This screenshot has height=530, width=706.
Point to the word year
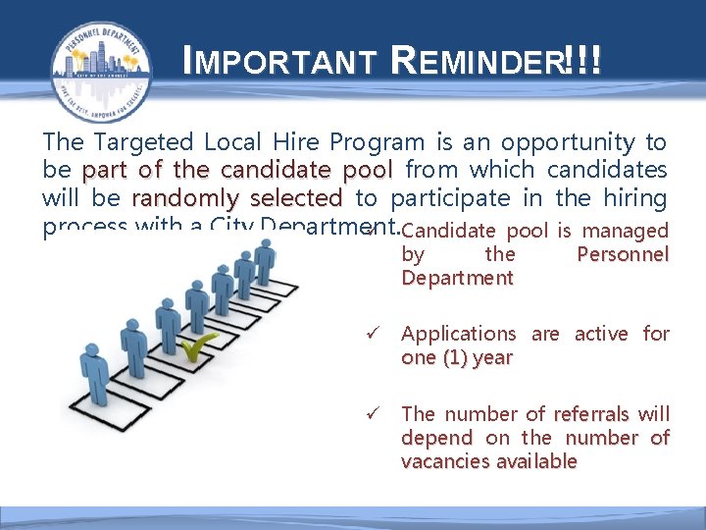(491, 358)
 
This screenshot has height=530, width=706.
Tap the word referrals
(594, 414)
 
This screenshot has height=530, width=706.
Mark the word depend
(436, 438)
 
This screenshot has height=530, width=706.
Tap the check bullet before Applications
(369, 335)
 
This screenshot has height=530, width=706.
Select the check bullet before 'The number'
(369, 414)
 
